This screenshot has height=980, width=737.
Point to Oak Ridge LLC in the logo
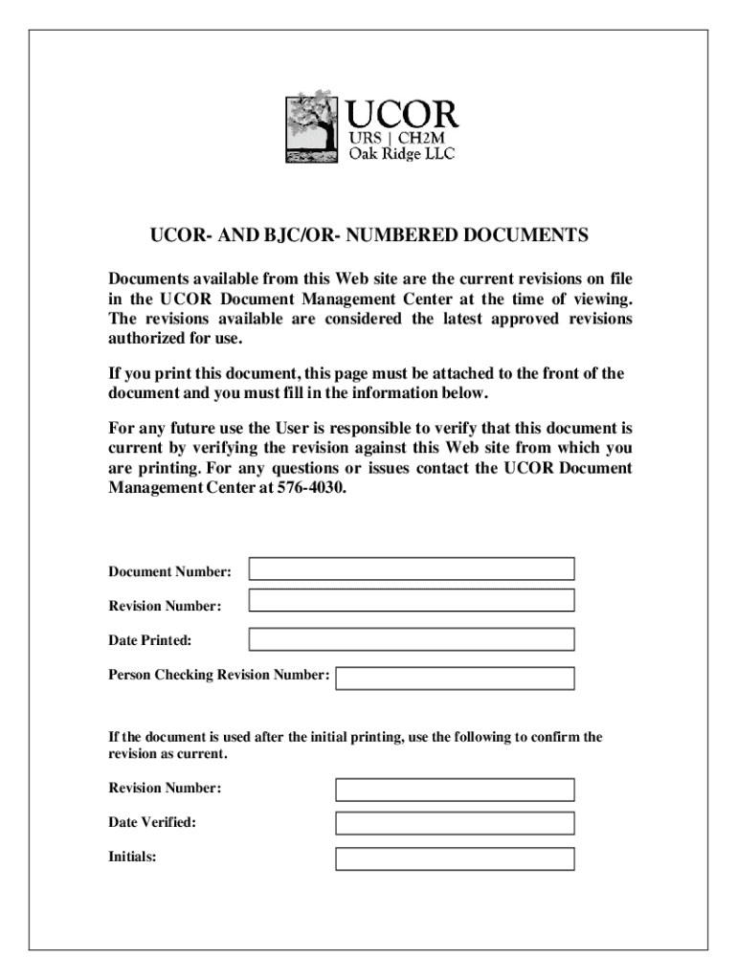(401, 154)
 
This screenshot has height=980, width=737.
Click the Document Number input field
(412, 569)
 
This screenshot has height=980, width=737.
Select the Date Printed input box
(412, 639)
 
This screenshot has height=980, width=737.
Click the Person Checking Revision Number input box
(455, 679)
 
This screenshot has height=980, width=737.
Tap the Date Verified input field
(455, 823)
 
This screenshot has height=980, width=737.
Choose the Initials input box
(455, 858)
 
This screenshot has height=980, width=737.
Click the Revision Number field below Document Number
(412, 601)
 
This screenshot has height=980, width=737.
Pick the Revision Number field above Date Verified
(455, 790)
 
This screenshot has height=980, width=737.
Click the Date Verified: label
(152, 822)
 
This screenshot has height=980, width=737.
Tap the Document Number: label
(169, 572)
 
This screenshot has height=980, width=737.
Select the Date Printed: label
(149, 639)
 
